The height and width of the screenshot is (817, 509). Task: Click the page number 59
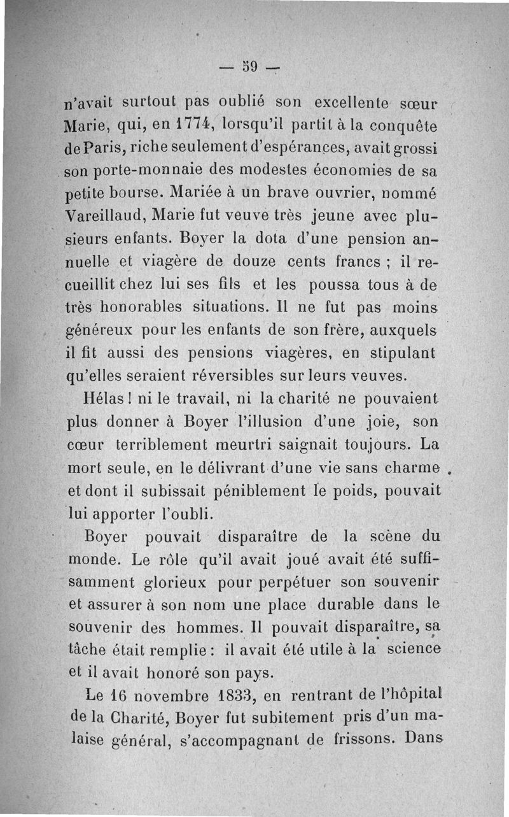pos(248,66)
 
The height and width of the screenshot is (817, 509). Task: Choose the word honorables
pos(141,307)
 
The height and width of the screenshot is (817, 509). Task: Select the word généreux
pos(100,331)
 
